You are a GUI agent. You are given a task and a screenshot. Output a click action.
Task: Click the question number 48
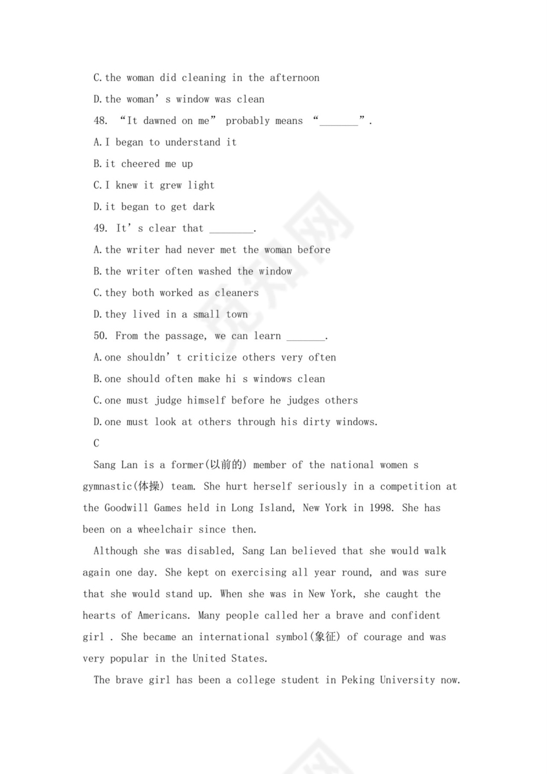click(x=101, y=121)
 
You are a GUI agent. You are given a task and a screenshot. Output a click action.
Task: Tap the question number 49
click(x=101, y=228)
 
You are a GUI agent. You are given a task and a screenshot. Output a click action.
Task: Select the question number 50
click(x=101, y=336)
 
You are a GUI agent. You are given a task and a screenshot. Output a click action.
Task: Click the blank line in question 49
click(x=231, y=230)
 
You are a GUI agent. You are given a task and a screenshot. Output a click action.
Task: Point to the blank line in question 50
click(x=306, y=338)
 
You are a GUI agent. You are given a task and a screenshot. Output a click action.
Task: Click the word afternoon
click(x=294, y=78)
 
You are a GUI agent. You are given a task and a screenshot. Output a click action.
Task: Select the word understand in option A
click(x=192, y=142)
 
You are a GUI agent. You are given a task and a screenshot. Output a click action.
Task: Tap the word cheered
click(x=140, y=164)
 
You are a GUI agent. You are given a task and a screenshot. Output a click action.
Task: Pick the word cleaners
click(x=237, y=293)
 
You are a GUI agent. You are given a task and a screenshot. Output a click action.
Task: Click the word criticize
click(x=215, y=357)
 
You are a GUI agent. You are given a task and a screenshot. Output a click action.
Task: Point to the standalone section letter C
click(x=96, y=444)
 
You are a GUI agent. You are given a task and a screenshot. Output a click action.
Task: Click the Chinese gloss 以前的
click(x=226, y=465)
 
